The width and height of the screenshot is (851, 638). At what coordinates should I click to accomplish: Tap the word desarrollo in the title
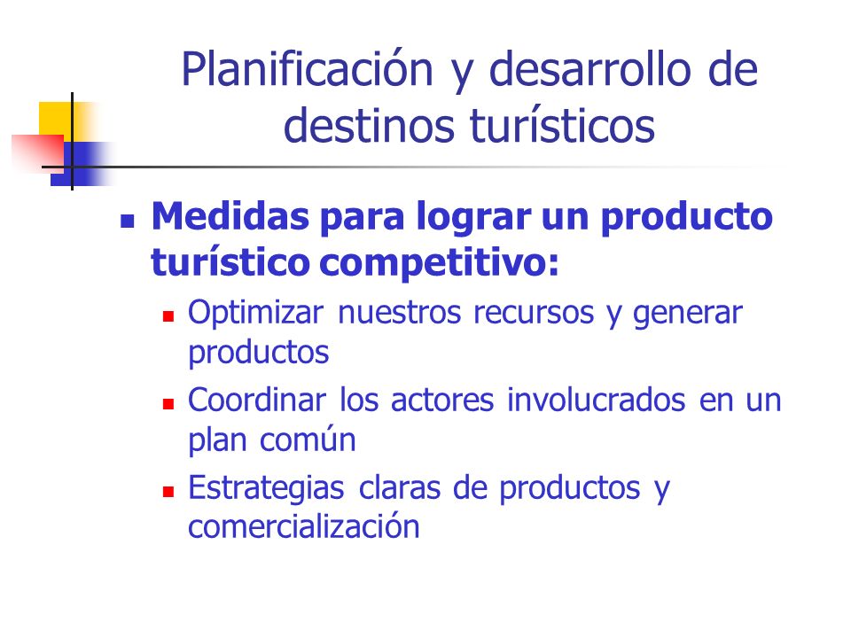(590, 69)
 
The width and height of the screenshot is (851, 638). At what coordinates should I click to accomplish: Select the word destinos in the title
(369, 125)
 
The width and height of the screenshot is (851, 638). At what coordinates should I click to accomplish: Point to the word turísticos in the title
(562, 125)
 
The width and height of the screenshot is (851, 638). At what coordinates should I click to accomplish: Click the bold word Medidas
(230, 216)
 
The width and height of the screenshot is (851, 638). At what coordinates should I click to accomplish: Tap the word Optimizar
(255, 313)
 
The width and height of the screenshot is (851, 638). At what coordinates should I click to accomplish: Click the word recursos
(534, 314)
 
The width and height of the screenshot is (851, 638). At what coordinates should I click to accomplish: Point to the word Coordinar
(257, 401)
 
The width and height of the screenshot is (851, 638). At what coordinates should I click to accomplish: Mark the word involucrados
(597, 401)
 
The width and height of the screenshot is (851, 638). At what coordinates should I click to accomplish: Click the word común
(308, 440)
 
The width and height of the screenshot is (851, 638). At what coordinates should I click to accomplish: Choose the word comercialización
(304, 526)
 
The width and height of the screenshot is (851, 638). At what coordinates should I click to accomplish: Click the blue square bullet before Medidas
(128, 221)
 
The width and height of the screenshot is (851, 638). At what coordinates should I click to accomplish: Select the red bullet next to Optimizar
(168, 316)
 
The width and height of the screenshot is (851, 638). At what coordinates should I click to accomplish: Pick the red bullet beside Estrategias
(168, 492)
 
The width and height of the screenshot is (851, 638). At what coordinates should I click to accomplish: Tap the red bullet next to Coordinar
(168, 404)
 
